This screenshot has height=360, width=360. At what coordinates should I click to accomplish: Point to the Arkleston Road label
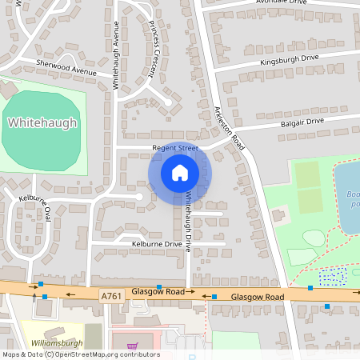pos(229,127)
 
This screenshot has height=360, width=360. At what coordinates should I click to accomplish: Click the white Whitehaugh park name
pos(42,123)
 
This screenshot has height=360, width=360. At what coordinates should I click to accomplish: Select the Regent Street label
pos(175,149)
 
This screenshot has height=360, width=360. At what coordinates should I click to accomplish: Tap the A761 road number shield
pos(112,295)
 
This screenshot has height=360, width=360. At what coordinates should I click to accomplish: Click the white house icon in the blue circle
pos(179,172)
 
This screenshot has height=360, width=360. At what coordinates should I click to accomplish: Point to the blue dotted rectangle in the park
pos(331,277)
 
